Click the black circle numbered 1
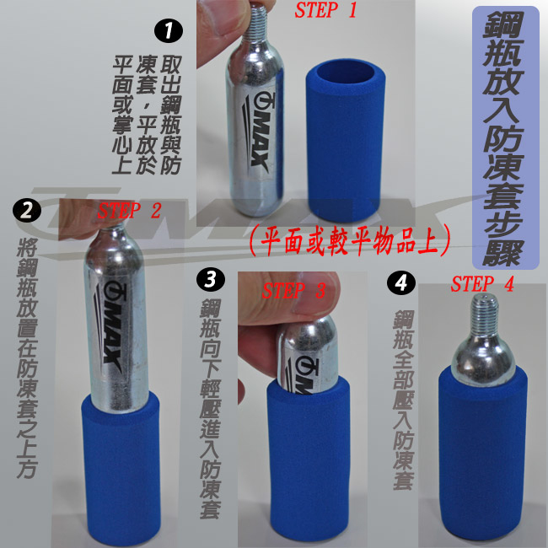click(169, 30)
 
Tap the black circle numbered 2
click(27, 211)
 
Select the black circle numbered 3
click(211, 279)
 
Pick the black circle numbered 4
click(400, 282)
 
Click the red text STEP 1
click(325, 10)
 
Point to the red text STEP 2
click(129, 211)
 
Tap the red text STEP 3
click(293, 290)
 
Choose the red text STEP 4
click(482, 284)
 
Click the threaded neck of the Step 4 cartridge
click(484, 314)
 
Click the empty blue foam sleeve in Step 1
click(346, 141)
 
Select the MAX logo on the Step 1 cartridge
click(259, 133)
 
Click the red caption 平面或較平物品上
click(350, 241)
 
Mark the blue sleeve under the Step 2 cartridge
click(121, 468)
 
